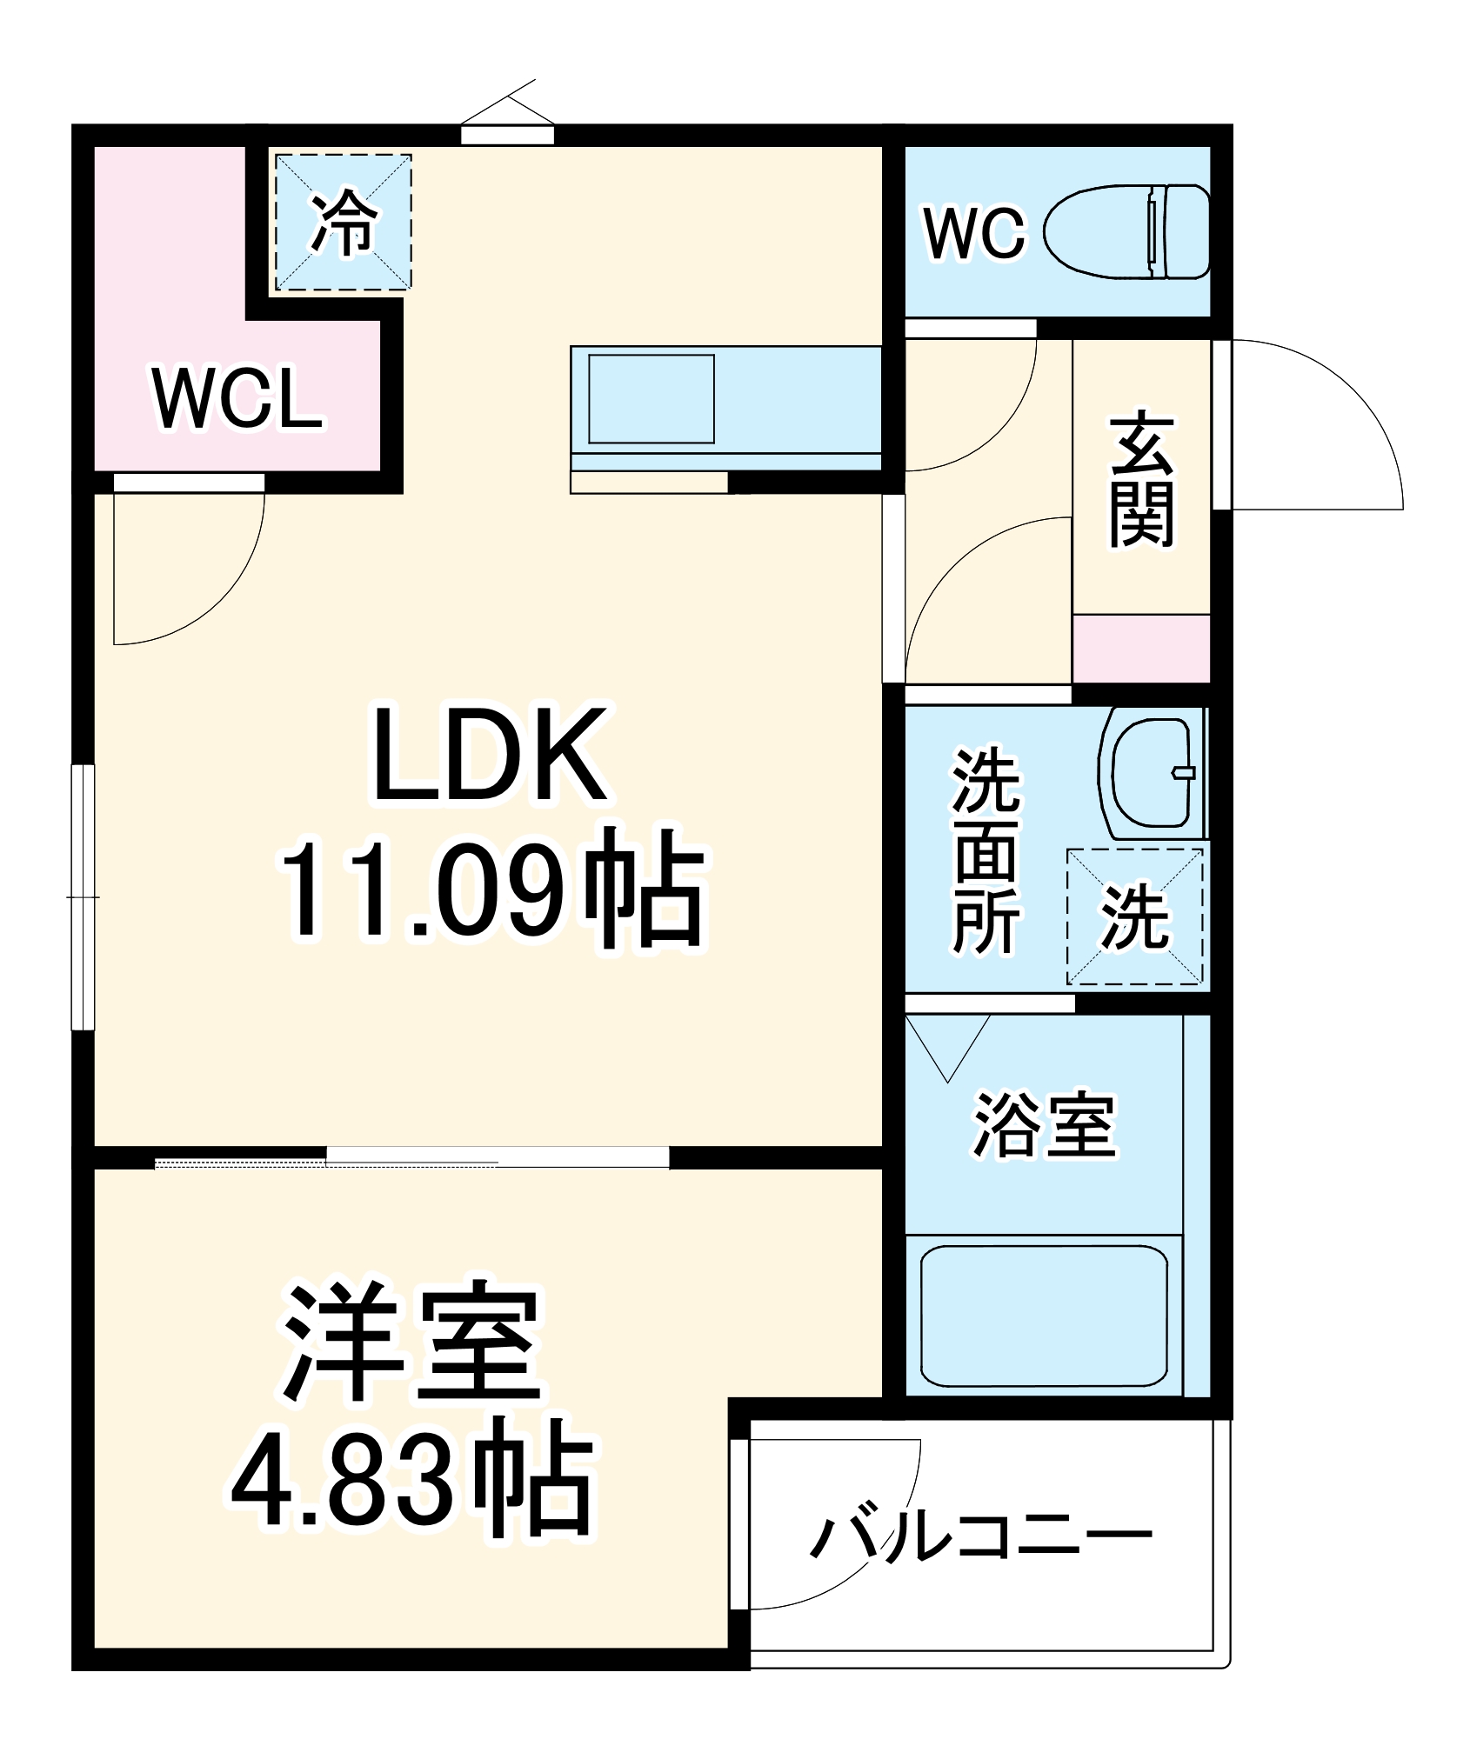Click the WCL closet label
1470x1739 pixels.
click(237, 399)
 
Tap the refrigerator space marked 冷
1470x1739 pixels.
click(344, 223)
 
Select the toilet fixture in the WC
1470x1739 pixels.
click(1126, 231)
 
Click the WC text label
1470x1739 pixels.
click(974, 233)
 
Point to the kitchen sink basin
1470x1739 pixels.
click(651, 398)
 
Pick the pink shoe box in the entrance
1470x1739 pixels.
click(1141, 648)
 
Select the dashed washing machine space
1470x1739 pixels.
click(1134, 916)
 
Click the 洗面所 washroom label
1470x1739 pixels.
click(986, 850)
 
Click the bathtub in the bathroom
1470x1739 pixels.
click(1043, 1316)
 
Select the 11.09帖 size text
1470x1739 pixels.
click(491, 891)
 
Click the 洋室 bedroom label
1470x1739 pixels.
click(412, 1343)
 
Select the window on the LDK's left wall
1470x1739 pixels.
click(83, 896)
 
